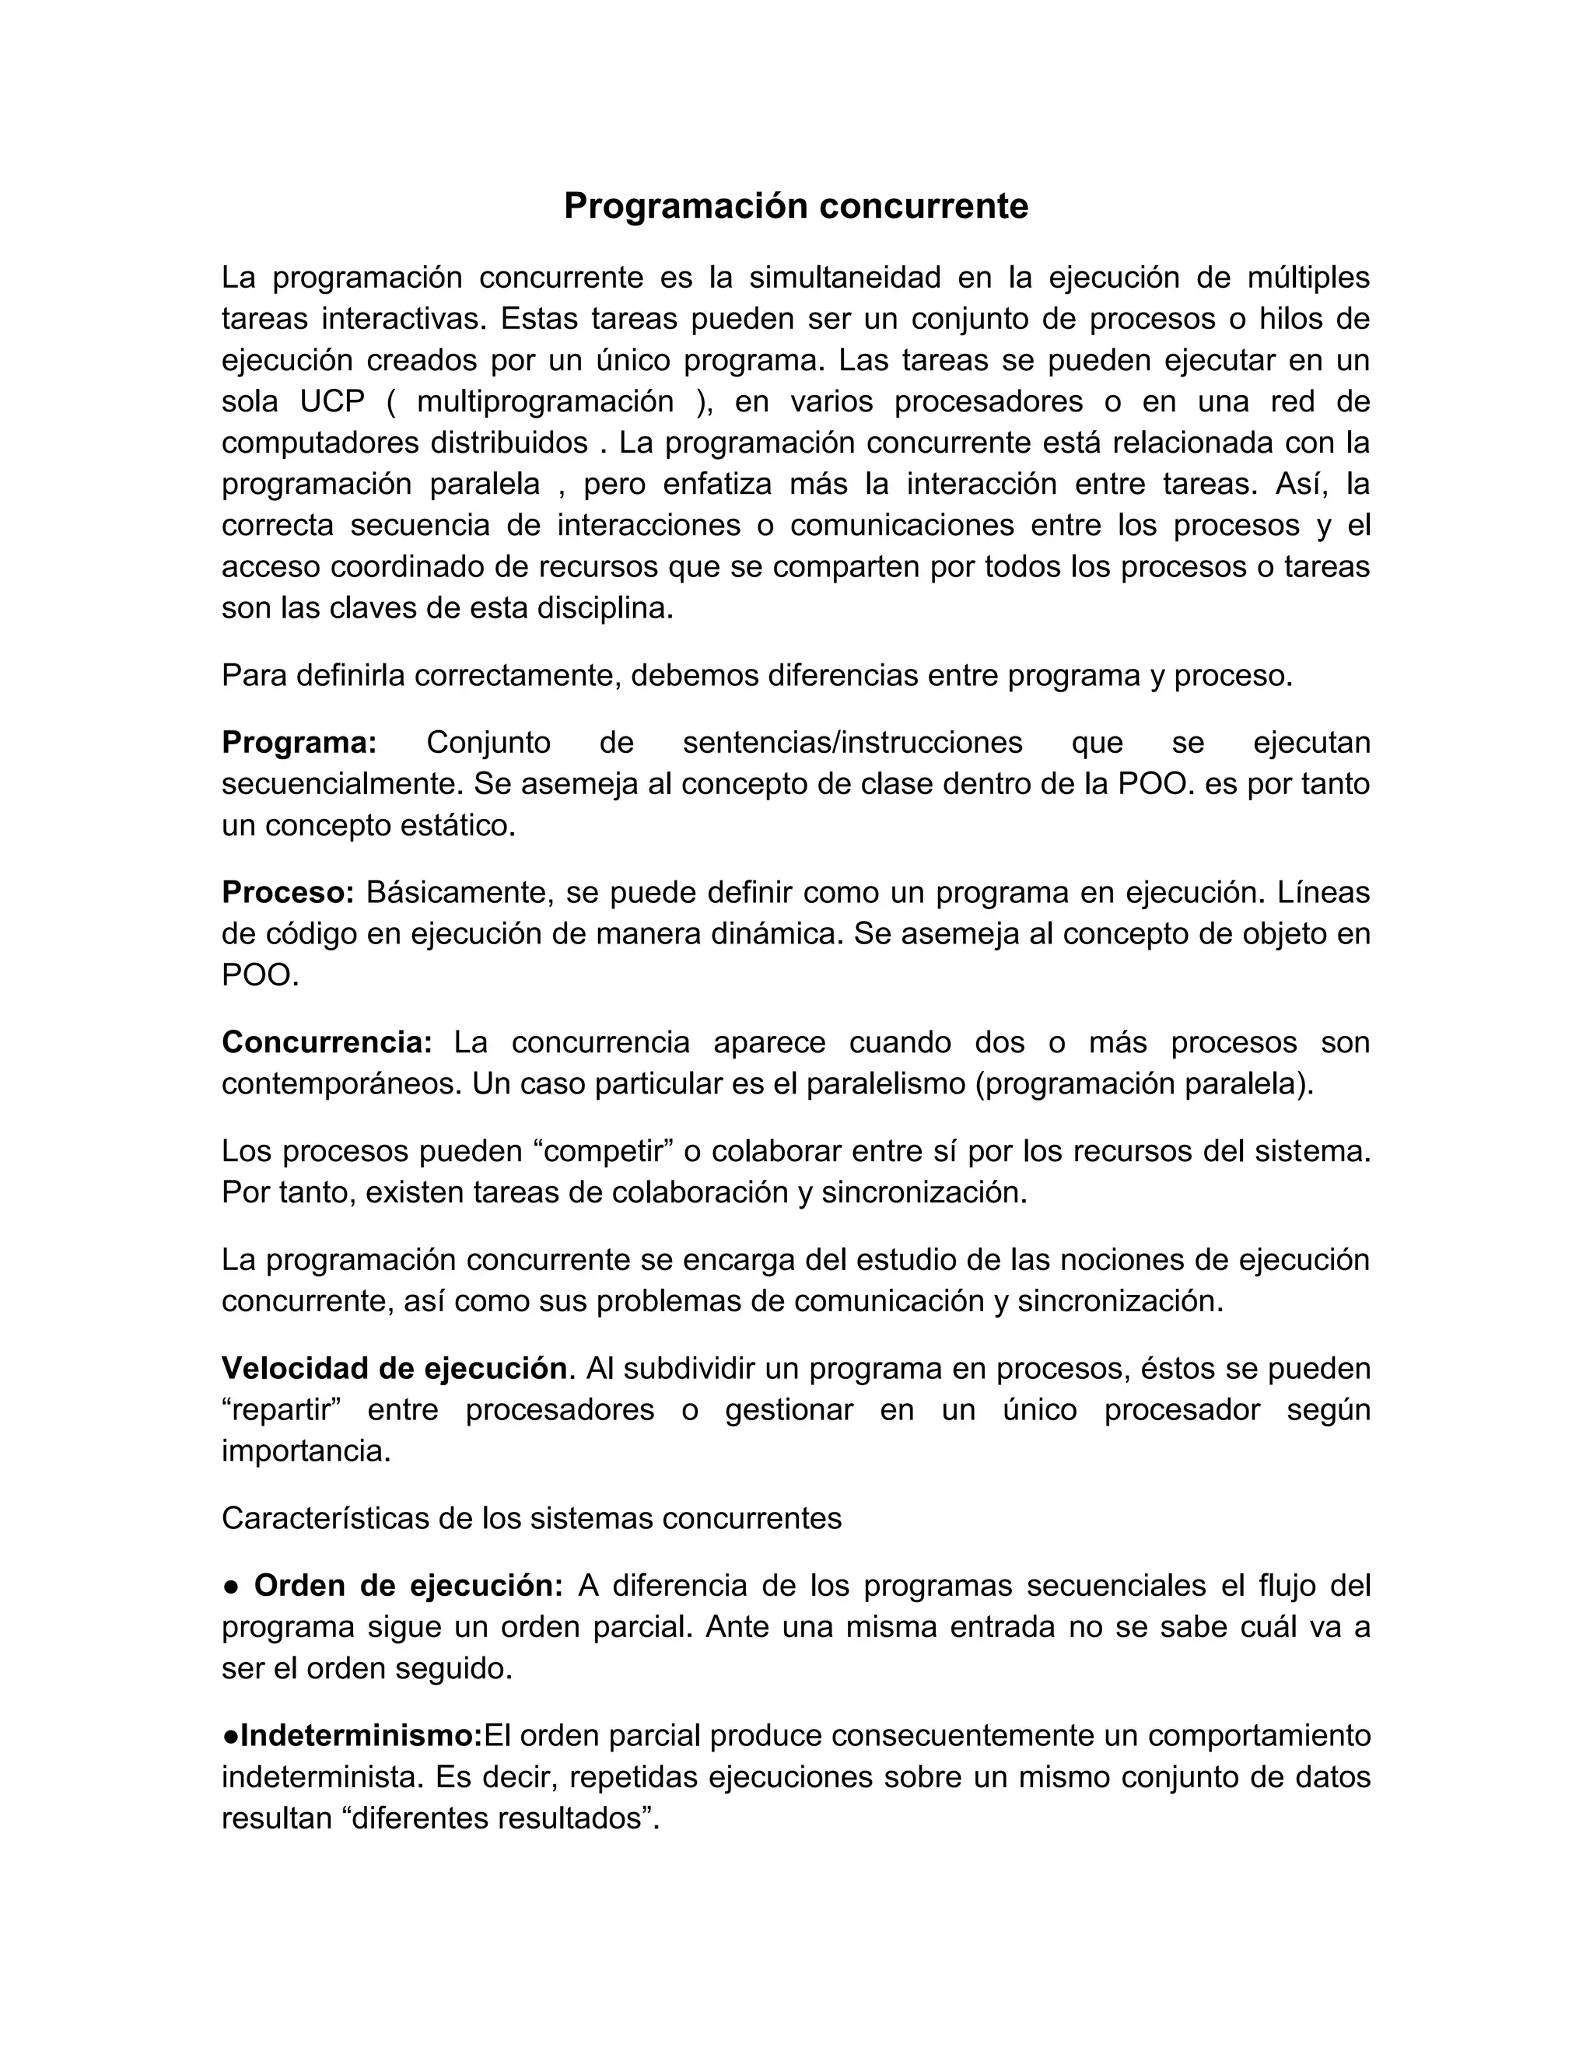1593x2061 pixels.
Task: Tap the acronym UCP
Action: [332, 401]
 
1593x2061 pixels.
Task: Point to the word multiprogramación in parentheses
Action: [545, 401]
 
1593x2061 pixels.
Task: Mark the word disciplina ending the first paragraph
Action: [605, 609]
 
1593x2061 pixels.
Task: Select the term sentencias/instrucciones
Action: [853, 743]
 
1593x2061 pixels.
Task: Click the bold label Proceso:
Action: [288, 892]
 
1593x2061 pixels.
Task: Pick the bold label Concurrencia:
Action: [327, 1043]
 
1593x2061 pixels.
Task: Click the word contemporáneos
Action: [341, 1084]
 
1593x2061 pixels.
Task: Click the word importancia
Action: [306, 1451]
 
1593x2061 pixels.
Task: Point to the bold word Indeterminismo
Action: [360, 1735]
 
